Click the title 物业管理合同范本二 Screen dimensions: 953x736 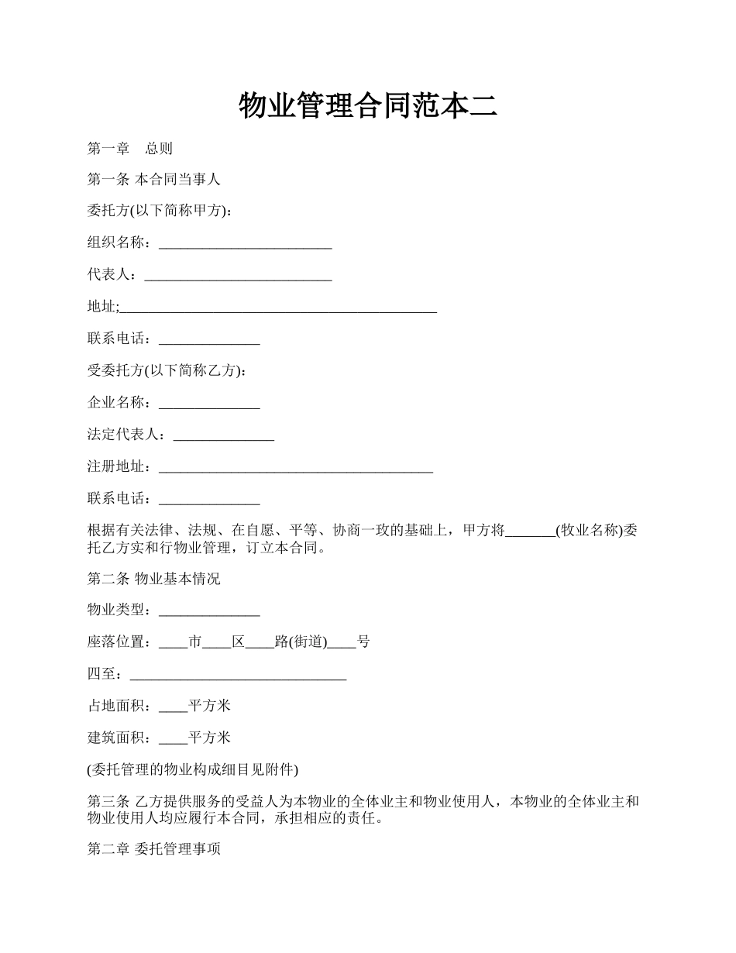point(367,106)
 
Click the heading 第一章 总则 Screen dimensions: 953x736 point(129,148)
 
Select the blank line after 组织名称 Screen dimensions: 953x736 point(245,244)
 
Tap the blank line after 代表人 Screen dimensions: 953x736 point(238,276)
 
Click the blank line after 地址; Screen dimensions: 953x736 point(278,308)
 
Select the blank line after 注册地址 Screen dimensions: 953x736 point(295,467)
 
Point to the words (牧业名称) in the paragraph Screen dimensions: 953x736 point(589,531)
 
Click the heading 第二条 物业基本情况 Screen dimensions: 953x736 point(153,579)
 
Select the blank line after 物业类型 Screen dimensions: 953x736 point(209,611)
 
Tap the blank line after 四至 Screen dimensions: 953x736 point(237,675)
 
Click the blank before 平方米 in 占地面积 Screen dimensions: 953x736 point(173,706)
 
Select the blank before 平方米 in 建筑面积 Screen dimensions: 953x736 point(173,738)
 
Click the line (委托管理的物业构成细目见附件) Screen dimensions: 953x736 point(192,769)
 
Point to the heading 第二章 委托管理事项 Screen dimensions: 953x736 point(153,850)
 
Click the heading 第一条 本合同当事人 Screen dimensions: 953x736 point(153,180)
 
